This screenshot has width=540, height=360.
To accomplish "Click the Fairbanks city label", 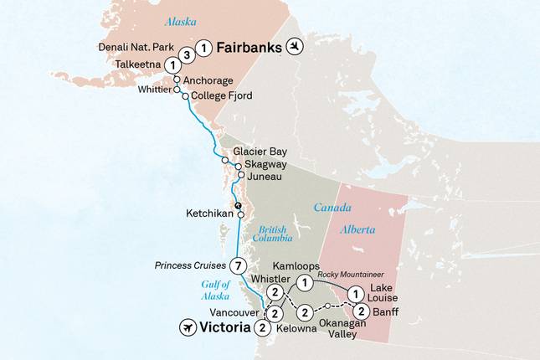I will [249, 48].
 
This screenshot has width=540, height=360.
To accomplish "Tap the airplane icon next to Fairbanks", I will [295, 47].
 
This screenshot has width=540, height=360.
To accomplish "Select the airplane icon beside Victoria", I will [190, 327].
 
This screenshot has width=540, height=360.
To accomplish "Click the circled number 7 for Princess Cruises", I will [239, 266].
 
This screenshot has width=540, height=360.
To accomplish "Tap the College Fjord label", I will [222, 96].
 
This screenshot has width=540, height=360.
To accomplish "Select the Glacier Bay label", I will [260, 152].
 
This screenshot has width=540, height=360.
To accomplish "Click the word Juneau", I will [264, 177].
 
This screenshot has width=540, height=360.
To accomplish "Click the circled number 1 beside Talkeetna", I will [171, 64].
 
